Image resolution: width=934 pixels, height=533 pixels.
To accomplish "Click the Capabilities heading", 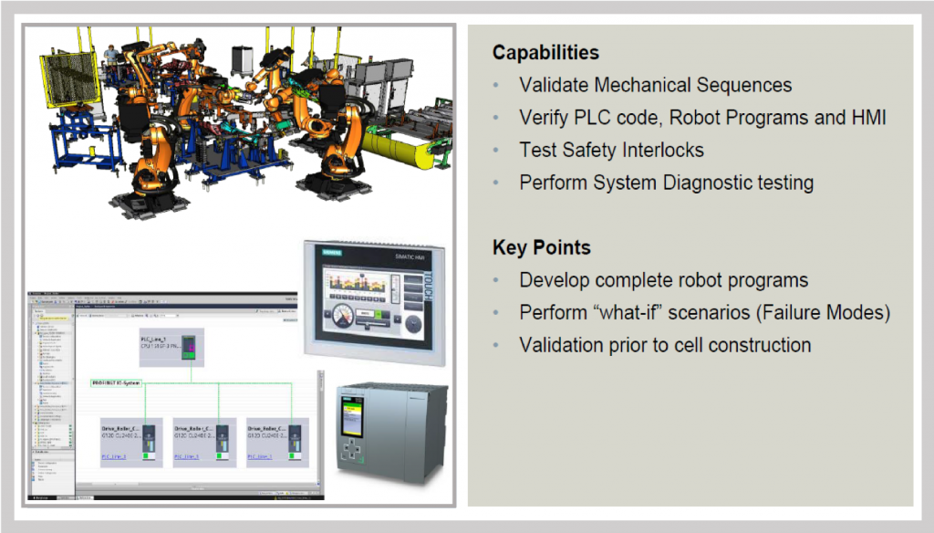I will [x=545, y=52].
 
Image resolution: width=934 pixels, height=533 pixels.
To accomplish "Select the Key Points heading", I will [x=541, y=247].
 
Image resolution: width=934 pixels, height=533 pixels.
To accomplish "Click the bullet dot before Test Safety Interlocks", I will [x=496, y=151].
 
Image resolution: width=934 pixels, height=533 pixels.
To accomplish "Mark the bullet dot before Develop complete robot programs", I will [x=496, y=280].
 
